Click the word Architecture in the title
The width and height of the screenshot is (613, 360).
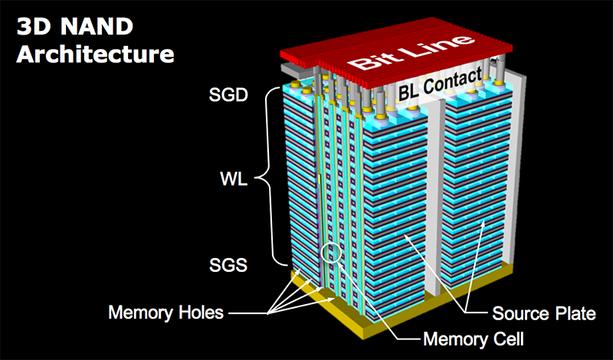[96, 54]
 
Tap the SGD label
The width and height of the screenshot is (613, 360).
[228, 97]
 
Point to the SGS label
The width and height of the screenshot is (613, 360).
[228, 265]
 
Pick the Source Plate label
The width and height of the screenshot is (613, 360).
[543, 314]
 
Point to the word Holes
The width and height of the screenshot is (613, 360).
[200, 313]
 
